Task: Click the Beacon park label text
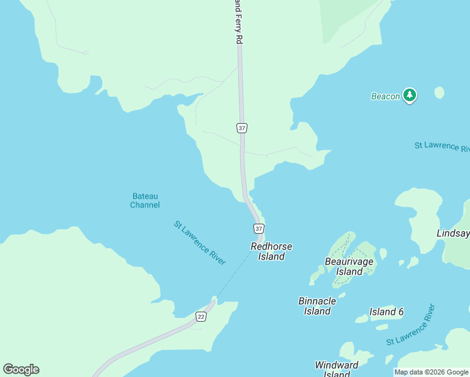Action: (385, 96)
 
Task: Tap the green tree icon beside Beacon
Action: (410, 95)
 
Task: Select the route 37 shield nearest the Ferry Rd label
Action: (242, 128)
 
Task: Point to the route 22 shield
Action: (200, 316)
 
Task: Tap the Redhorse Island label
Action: (271, 251)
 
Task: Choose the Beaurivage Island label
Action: (349, 266)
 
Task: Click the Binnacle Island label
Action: (317, 306)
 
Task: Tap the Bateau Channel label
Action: (145, 200)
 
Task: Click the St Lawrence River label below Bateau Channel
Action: (199, 243)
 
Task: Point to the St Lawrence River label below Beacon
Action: (442, 147)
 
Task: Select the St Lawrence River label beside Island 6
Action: (411, 325)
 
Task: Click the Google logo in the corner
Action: (21, 369)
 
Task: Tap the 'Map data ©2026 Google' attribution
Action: (431, 372)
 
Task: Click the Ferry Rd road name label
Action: (238, 22)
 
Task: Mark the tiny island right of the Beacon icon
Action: (439, 92)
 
